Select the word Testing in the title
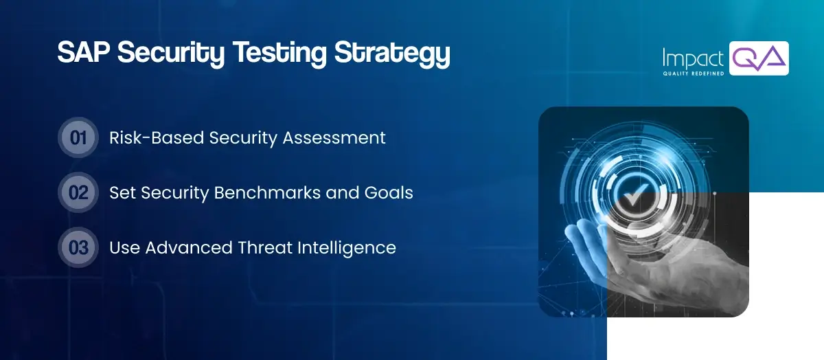(280, 54)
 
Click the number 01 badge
(78, 137)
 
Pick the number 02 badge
(78, 192)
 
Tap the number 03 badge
(78, 247)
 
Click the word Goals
(390, 192)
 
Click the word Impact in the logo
(691, 57)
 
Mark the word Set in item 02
(122, 192)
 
